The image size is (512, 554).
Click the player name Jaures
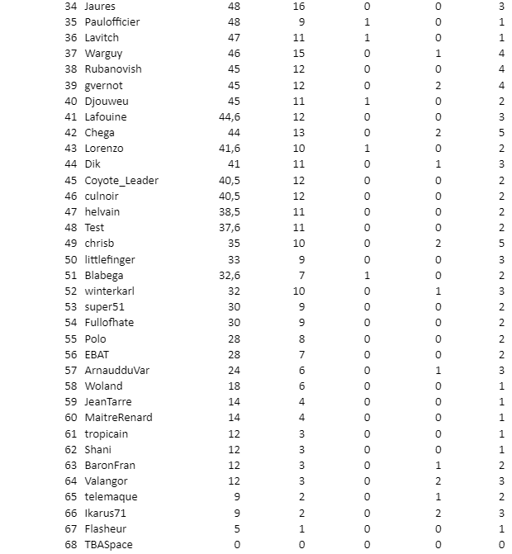(100, 6)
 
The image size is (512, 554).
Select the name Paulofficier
(112, 21)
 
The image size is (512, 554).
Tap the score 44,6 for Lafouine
(230, 116)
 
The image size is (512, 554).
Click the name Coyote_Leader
(121, 180)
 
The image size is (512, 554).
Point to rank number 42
(70, 132)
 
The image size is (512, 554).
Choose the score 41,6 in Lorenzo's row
(230, 149)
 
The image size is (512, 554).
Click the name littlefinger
(110, 259)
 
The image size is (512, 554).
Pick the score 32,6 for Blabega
(230, 275)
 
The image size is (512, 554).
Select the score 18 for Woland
(235, 386)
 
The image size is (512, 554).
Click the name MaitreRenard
(118, 417)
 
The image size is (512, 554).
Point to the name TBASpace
(108, 544)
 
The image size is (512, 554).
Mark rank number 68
(70, 544)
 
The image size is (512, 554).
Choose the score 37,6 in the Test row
(230, 227)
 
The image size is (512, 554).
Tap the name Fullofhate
(109, 322)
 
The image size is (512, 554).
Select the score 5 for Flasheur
(237, 528)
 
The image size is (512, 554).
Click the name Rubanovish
(113, 69)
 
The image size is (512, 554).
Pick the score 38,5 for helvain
(230, 211)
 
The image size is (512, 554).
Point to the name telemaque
(111, 496)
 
